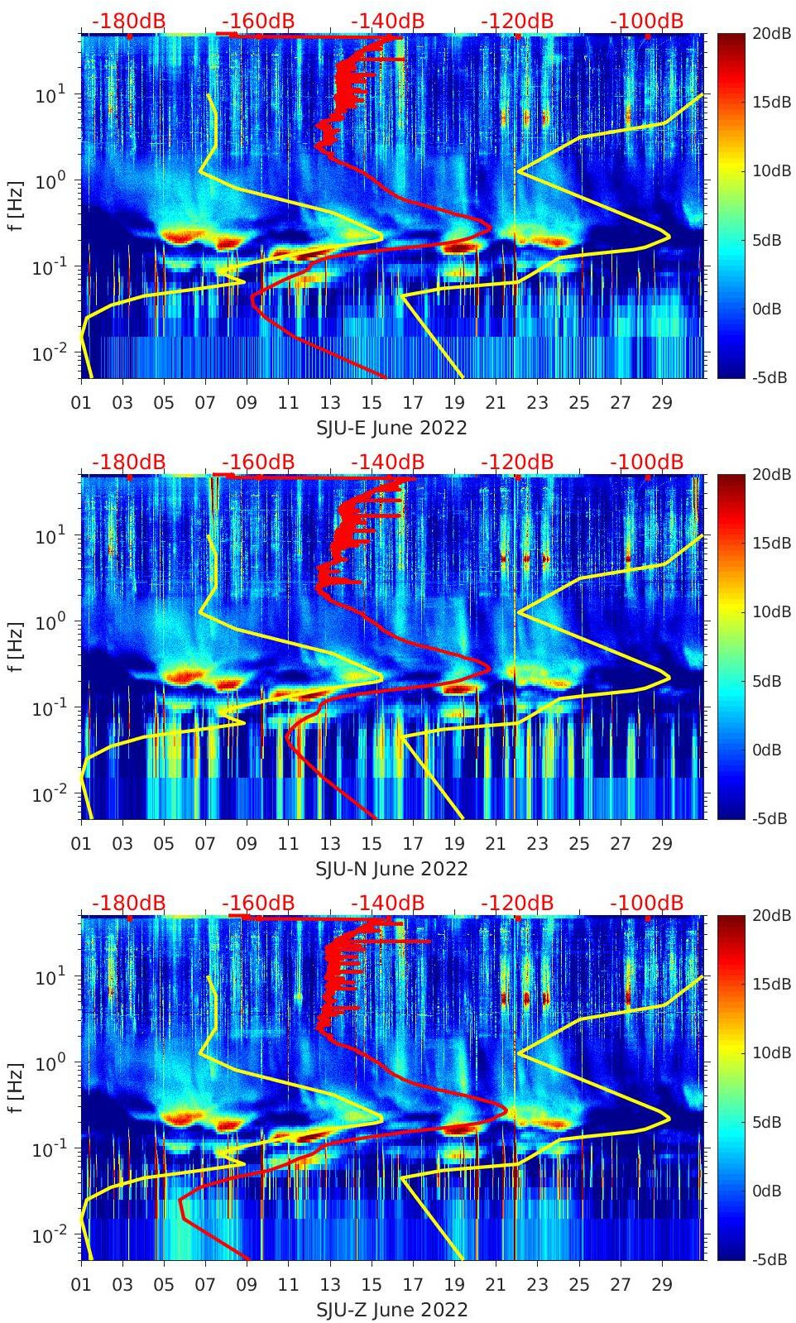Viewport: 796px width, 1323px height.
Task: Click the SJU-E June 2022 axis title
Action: click(391, 428)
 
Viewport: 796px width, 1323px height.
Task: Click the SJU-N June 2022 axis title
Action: click(391, 869)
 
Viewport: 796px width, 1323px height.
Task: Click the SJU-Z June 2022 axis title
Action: click(391, 1310)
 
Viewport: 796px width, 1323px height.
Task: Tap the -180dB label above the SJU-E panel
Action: click(128, 21)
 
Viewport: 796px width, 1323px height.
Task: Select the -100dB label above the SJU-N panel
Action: click(646, 462)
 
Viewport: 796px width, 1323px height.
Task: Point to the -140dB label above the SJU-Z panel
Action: click(387, 903)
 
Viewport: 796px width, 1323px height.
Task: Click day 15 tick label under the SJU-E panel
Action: click(372, 403)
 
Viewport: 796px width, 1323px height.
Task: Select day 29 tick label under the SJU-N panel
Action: click(661, 844)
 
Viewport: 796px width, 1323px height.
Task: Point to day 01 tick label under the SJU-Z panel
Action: click(81, 1285)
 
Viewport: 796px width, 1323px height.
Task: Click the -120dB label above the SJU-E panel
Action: click(516, 21)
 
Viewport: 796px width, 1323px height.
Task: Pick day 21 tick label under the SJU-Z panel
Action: click(496, 1285)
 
